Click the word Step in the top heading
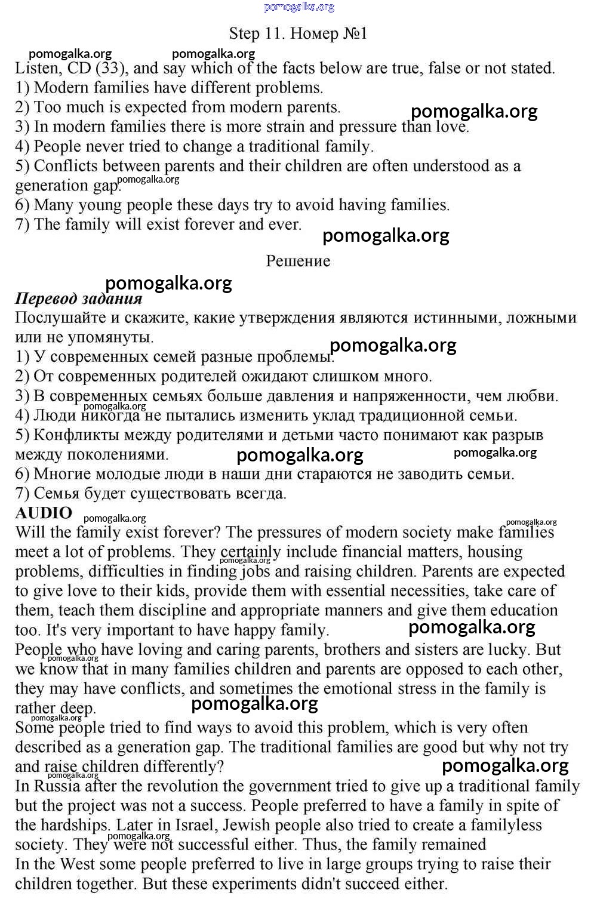245,33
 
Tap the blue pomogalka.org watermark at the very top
299,7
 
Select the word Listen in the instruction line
37,68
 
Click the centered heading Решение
298,261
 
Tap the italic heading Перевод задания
78,298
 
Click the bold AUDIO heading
44,513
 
